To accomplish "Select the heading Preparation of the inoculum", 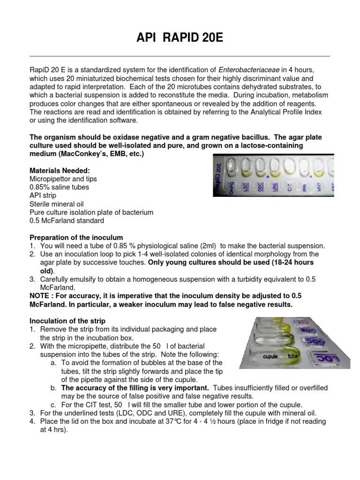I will [76, 237].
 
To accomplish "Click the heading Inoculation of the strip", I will [67, 321].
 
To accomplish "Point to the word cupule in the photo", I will [270, 357].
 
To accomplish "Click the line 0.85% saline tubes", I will [59, 187].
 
